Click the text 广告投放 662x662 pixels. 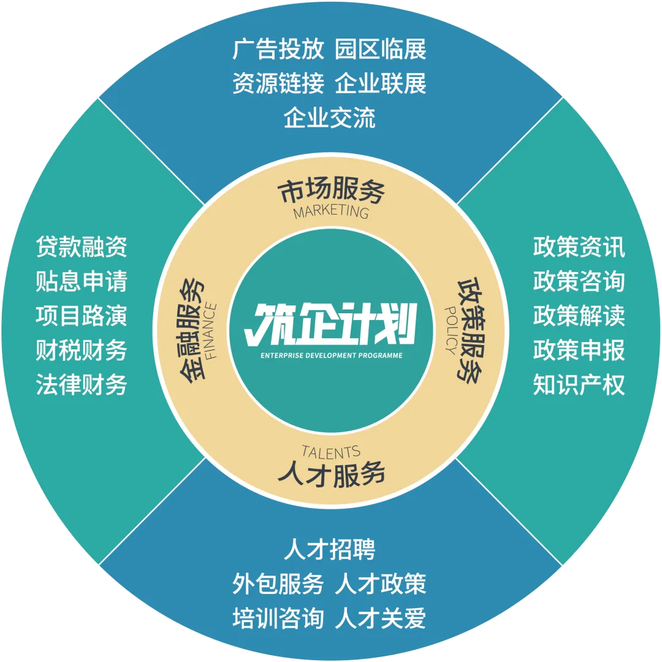coord(278,50)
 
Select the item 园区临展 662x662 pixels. coord(381,50)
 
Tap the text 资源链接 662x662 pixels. coord(278,84)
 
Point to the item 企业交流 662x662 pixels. coord(330,118)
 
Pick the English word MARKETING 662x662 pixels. coord(331,212)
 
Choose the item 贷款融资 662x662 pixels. coord(82,247)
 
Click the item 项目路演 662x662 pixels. coord(82,316)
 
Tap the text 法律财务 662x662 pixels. coord(82,386)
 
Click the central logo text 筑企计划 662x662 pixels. coord(330,324)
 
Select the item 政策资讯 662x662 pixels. coord(579,247)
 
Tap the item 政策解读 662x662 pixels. coord(579,316)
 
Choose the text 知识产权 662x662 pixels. coord(579,386)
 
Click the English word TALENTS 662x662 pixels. coord(331,452)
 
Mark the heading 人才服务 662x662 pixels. coord(331,474)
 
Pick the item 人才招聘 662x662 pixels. coord(330,549)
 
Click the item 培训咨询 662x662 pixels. coord(278,618)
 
